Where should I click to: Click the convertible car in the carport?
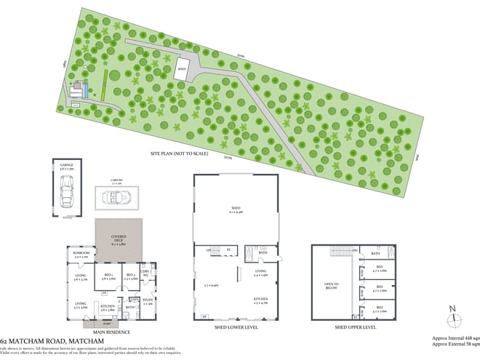pos(117,197)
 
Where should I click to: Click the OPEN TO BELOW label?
pos(332,285)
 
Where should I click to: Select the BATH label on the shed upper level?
pos(376,253)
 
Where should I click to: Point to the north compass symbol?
pos(453,316)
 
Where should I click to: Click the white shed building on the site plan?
pos(183,71)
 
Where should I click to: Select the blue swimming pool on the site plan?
pos(86,91)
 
